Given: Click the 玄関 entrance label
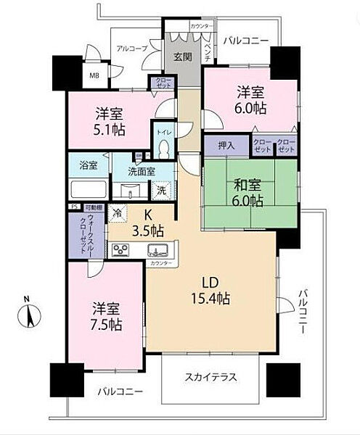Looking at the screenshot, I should coord(181,58).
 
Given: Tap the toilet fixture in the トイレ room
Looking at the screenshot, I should coord(163,148).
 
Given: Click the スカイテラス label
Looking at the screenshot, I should coord(210,378).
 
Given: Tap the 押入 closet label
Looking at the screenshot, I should coord(226,144).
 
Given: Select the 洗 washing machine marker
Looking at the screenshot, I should coord(163,190).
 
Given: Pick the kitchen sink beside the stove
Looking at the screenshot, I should coord(155,251).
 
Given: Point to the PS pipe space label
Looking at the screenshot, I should coord(73,207).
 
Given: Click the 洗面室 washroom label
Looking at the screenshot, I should coord(141,172).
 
